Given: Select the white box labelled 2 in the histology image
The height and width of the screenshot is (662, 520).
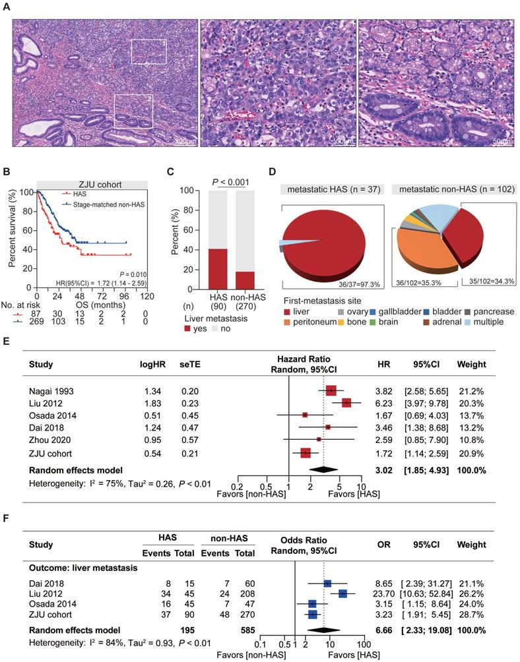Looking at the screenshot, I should (x=134, y=111).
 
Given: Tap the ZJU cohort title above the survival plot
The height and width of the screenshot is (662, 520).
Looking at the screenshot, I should (x=88, y=185).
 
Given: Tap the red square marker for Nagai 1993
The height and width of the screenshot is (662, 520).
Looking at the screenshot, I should (x=331, y=390).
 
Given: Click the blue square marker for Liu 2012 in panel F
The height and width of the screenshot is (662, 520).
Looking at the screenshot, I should (x=343, y=593).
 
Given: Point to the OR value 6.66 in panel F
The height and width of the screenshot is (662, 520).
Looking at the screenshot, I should (x=381, y=630).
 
